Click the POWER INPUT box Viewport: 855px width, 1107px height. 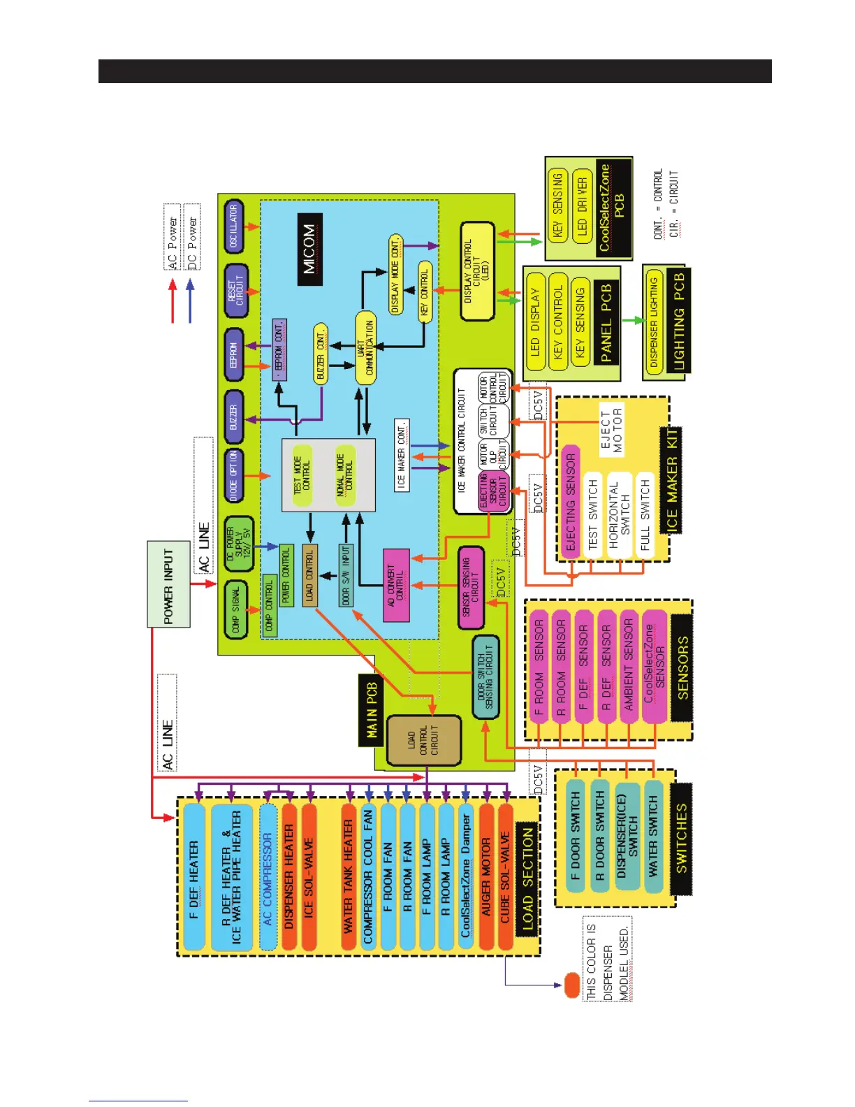168,584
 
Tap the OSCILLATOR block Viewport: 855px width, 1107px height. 234,226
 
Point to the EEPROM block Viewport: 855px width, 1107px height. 234,354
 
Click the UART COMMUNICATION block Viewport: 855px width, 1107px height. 365,347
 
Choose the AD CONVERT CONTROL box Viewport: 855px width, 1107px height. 396,586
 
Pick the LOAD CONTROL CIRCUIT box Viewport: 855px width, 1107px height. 423,740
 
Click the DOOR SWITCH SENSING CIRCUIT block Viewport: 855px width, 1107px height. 485,677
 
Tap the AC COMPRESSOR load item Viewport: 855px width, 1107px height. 268,878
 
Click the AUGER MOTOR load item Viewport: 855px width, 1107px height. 486,877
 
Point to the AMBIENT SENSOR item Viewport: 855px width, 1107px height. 629,664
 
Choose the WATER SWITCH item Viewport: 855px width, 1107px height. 653,835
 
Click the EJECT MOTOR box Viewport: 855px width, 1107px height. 611,430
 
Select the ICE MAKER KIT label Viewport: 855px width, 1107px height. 671,479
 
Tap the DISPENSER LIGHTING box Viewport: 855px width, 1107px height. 654,322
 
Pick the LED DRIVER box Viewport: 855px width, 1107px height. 582,206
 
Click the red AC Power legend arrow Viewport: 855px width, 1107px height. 173,301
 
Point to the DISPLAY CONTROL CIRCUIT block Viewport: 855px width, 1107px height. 478,271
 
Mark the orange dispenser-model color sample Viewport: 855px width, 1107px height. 571,985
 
